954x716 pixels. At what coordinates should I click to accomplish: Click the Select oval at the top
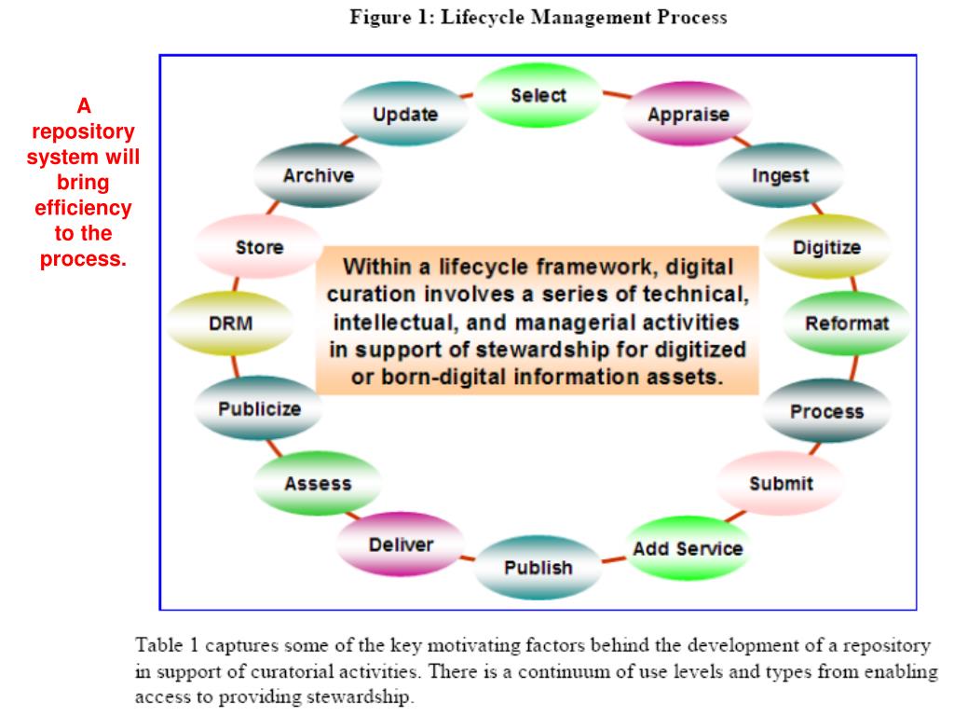(x=538, y=96)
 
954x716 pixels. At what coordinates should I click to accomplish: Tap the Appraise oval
(x=688, y=116)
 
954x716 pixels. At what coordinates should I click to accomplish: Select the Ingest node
(x=780, y=176)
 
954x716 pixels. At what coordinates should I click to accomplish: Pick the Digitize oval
(x=826, y=248)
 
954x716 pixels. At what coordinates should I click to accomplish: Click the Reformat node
(x=847, y=324)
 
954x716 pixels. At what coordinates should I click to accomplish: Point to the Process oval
(x=826, y=411)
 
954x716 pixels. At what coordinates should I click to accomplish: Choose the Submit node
(x=781, y=484)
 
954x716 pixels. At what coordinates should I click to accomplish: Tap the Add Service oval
(x=688, y=548)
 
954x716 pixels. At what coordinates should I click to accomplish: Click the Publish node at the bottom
(x=538, y=567)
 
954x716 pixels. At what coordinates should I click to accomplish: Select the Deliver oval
(x=401, y=544)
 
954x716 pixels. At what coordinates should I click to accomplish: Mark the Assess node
(x=318, y=484)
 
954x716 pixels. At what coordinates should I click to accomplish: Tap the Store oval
(x=259, y=248)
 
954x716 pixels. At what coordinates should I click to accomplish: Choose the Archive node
(x=318, y=176)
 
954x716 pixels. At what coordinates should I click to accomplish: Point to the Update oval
(x=404, y=116)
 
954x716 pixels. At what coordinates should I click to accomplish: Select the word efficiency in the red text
(x=83, y=208)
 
